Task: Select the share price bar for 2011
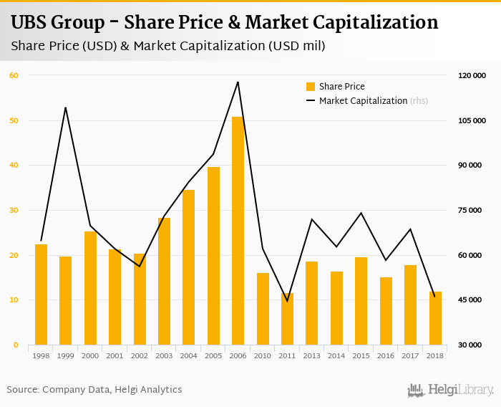[x=287, y=320]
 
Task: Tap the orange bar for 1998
[x=41, y=295]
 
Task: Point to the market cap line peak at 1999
[x=65, y=107]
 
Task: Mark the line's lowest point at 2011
[x=287, y=301]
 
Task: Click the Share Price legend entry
[x=341, y=87]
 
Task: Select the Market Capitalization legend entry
[x=363, y=101]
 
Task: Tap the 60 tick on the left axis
[x=14, y=75]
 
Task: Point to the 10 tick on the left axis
[x=14, y=300]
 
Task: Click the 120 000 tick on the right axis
[x=472, y=75]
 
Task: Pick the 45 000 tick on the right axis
[x=472, y=300]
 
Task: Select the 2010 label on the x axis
[x=263, y=355]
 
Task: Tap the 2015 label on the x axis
[x=361, y=355]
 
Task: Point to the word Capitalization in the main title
[x=377, y=23]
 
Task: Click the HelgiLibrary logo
[x=450, y=390]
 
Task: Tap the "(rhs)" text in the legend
[x=419, y=101]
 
